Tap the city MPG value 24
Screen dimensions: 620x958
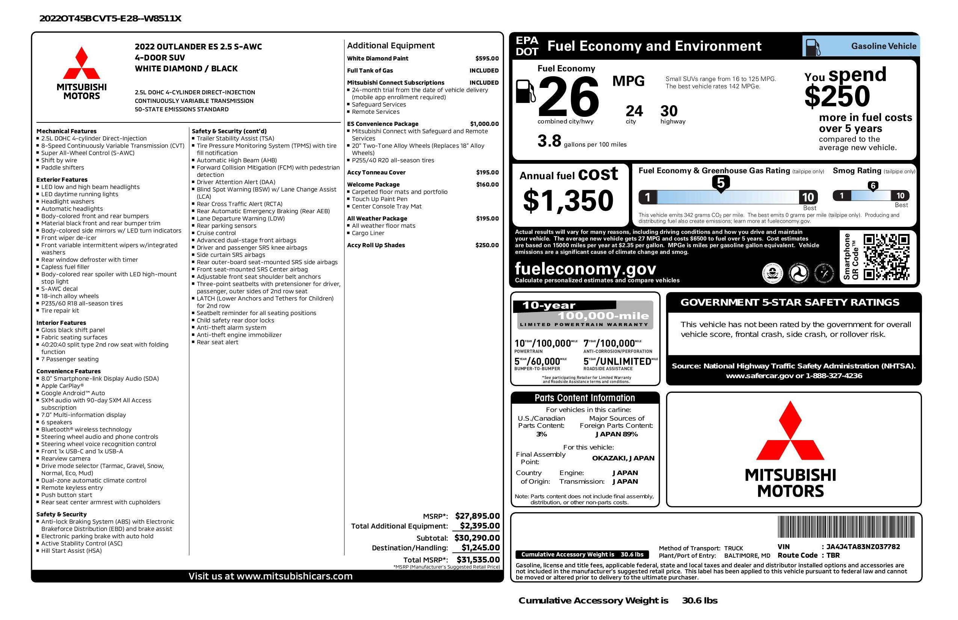pos(634,111)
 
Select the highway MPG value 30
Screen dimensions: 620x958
pos(669,111)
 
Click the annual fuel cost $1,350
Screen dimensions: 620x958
pos(568,201)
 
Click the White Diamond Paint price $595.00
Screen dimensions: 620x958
pos(487,58)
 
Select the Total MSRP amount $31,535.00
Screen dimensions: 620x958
pos(478,559)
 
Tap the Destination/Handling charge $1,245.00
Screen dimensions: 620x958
pos(480,548)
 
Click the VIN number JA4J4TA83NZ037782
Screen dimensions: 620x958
pos(863,546)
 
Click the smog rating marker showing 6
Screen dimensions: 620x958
pos(873,186)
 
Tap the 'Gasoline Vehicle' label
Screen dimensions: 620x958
pos(883,46)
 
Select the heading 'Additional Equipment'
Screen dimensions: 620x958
pos(390,45)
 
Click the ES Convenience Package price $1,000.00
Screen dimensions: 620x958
pos(484,124)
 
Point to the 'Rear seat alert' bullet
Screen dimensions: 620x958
pos(217,342)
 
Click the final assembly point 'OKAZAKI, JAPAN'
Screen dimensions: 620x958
pos(623,458)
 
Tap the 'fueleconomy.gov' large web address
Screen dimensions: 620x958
pos(585,269)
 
